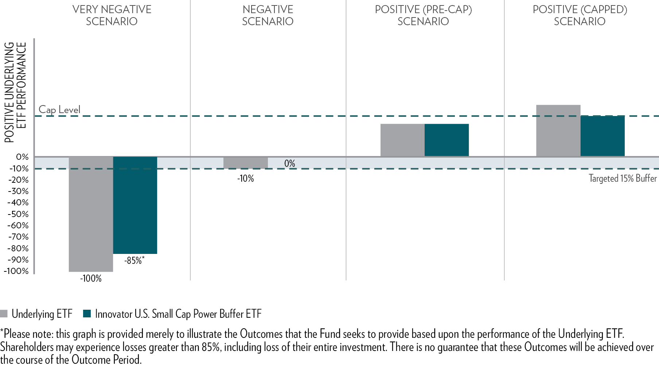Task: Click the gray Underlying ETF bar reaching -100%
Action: tap(91, 214)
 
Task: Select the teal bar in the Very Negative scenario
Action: tap(135, 205)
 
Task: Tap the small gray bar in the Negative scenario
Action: tap(245, 163)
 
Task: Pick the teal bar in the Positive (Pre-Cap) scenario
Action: tap(447, 140)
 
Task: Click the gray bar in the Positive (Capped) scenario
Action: tap(558, 131)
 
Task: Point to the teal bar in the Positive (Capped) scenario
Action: tap(602, 136)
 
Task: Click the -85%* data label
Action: tap(134, 260)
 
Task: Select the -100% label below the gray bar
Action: tap(91, 279)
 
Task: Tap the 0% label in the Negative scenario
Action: tap(290, 163)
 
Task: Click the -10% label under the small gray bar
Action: tap(245, 179)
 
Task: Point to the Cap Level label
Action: tap(59, 109)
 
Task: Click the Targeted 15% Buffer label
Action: tap(623, 178)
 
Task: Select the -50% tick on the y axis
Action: tap(18, 214)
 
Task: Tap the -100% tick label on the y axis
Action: tap(16, 271)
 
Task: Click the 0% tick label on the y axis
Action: tap(22, 157)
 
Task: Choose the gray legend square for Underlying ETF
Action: tap(4, 314)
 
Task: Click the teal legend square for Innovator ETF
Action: tap(87, 314)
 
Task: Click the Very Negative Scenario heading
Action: tap(112, 15)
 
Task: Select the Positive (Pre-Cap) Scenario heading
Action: tap(423, 15)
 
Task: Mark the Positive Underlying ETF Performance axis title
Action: tap(15, 92)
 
